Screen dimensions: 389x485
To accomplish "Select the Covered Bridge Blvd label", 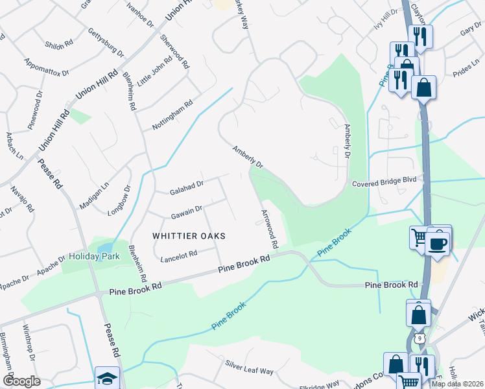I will click(x=383, y=183).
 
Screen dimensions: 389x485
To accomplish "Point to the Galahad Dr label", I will click(x=187, y=188).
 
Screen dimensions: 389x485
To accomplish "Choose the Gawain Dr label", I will click(x=186, y=211).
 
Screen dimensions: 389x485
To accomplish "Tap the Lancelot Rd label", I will click(x=178, y=256).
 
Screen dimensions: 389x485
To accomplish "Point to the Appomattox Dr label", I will click(x=45, y=68).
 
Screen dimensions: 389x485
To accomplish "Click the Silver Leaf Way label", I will click(x=250, y=366).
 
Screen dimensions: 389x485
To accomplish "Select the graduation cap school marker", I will click(x=107, y=377).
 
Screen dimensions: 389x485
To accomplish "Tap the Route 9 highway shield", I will click(x=420, y=338).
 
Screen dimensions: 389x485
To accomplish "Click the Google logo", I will click(x=21, y=382).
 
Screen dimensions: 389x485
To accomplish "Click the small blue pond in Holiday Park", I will click(x=104, y=248).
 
